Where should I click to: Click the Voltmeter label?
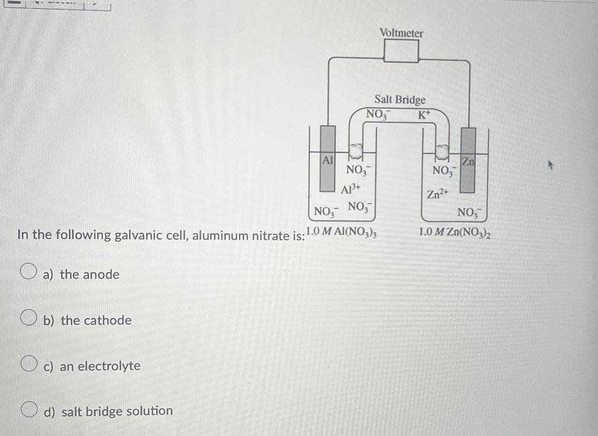401,33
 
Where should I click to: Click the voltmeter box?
401,51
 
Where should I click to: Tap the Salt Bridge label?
400,100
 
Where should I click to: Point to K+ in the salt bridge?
425,115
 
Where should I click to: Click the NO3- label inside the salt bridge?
378,115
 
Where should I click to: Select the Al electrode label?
327,160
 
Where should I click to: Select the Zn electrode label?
468,161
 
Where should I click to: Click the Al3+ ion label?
351,188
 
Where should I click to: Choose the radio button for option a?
26,272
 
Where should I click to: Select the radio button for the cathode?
26,319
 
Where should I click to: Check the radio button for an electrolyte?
26,364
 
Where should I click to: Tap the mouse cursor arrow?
551,166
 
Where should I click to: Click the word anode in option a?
100,274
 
